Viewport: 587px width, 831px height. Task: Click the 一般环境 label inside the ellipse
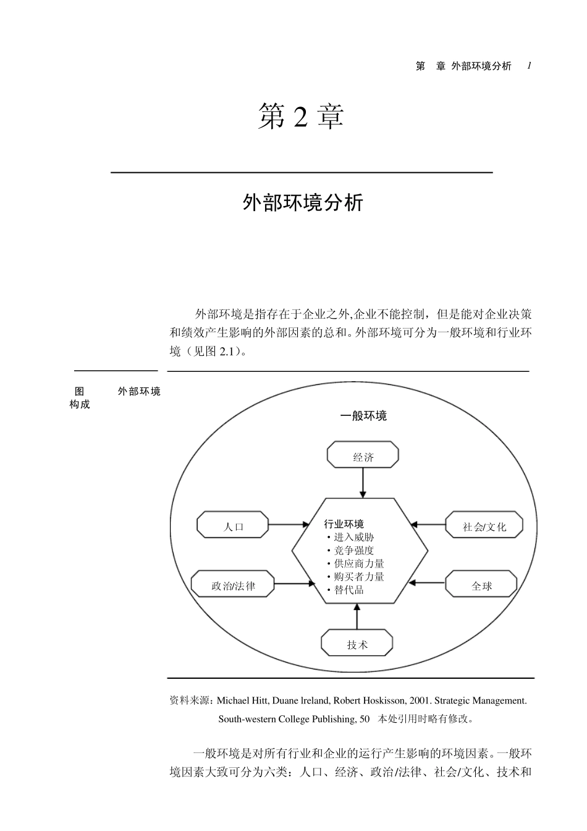click(x=363, y=416)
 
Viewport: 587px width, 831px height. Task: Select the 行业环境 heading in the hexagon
click(x=344, y=524)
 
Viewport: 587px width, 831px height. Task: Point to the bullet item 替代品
click(x=348, y=590)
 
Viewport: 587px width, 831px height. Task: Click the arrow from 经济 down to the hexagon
click(x=363, y=483)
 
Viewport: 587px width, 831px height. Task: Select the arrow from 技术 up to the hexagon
click(x=357, y=616)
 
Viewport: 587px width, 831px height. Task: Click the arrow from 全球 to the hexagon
click(x=428, y=582)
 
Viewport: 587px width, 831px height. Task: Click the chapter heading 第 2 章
click(x=301, y=117)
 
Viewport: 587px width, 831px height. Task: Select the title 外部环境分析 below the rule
click(x=303, y=202)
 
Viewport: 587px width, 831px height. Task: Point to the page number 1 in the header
click(x=530, y=66)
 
